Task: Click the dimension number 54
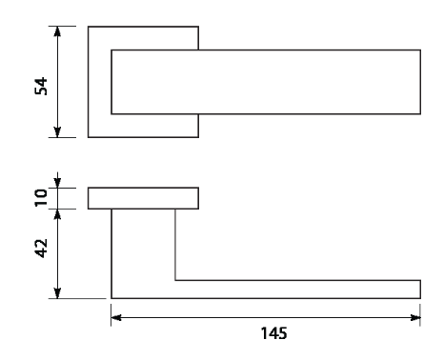pos(41,86)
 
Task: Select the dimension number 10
pos(41,198)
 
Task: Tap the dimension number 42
pos(41,249)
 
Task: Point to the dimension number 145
pos(273,333)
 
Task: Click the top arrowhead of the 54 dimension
pos(57,31)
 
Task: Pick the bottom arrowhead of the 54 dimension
pos(57,132)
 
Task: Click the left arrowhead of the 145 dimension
pos(116,317)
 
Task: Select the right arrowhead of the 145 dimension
pos(415,317)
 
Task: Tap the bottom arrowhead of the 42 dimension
pos(57,293)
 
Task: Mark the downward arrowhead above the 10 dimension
pos(57,183)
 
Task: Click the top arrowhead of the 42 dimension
pos(57,214)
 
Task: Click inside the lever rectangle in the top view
pos(266,82)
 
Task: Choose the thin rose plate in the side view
pos(143,198)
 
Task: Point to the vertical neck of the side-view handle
pos(143,245)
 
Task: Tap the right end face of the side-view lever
pos(420,290)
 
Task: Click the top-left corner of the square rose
pos(89,27)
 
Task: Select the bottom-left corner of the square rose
pos(89,137)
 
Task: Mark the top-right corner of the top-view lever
pos(420,50)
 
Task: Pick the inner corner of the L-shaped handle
pos(175,280)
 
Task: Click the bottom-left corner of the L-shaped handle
pos(111,298)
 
